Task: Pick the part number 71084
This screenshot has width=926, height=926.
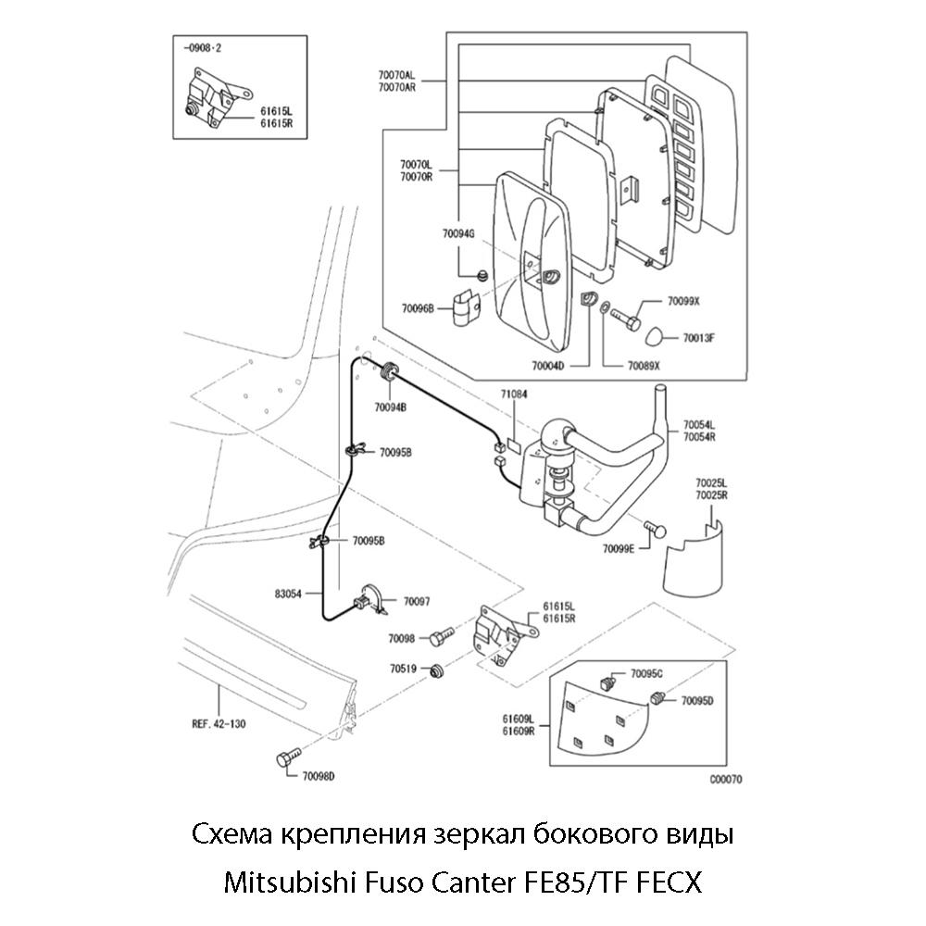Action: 514,394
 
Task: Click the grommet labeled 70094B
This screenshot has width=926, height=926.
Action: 389,372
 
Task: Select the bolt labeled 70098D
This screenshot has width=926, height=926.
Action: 285,760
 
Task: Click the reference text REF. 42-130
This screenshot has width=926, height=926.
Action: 218,724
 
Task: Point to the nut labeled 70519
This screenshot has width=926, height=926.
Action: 440,671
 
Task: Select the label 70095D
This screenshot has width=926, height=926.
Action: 697,701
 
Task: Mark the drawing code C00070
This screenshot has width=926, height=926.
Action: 725,780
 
